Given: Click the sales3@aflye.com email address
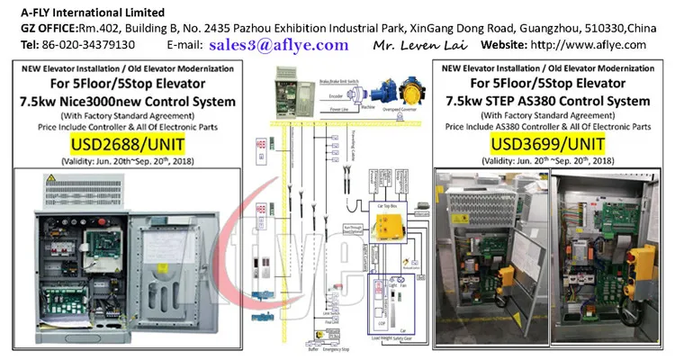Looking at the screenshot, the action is click(278, 44).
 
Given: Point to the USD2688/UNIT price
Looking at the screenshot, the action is click(127, 145).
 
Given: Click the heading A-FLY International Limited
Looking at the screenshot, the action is click(86, 13).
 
